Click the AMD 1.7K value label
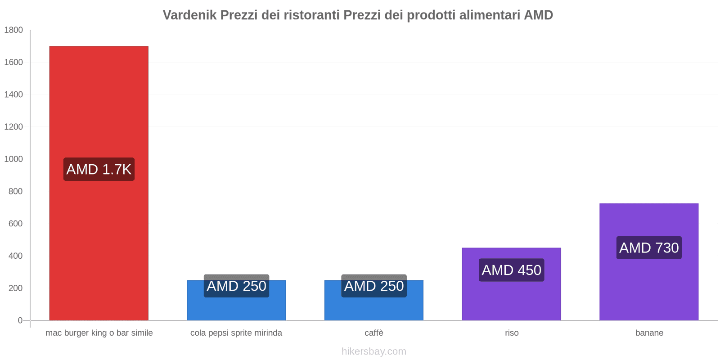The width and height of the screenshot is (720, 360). [x=99, y=169]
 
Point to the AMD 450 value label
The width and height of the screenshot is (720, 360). [x=511, y=270]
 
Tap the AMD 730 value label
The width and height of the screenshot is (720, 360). [x=649, y=247]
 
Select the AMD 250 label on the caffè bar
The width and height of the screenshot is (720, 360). [x=373, y=286]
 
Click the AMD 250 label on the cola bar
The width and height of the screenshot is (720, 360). [x=236, y=286]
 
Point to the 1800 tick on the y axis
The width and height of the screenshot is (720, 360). [x=13, y=30]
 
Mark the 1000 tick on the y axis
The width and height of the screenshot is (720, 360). [x=13, y=159]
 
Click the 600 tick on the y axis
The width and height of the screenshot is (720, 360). [x=15, y=224]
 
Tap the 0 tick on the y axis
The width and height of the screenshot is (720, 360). [x=20, y=320]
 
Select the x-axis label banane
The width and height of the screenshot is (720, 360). [x=649, y=333]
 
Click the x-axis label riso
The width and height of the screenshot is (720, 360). [x=511, y=333]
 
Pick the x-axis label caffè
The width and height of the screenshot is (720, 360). [x=373, y=333]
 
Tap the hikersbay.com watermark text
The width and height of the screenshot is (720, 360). [x=373, y=351]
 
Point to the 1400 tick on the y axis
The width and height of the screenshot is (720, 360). [x=13, y=94]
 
